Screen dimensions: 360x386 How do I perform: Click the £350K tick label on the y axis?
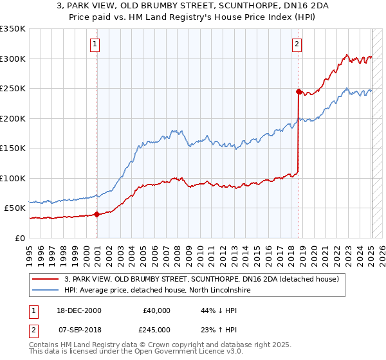coord(13,29)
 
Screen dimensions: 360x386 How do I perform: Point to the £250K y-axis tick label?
coord(13,89)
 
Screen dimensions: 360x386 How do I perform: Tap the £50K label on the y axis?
coord(15,208)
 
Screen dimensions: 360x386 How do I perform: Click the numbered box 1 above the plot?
coord(95,44)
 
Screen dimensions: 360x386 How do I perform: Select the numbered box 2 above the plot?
coord(297,44)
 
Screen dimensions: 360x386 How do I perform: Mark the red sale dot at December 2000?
coord(97,215)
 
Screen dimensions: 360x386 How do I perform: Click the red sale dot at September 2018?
coord(299,92)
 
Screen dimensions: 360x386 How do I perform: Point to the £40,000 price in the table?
coord(157,310)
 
